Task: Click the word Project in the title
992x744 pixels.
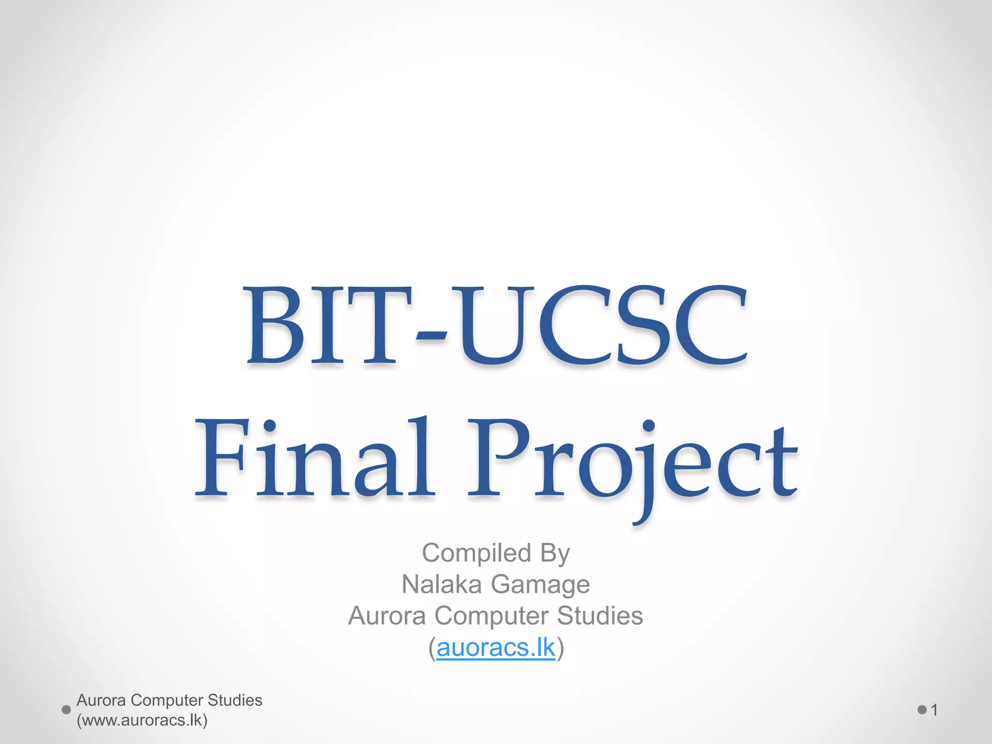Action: [x=632, y=460]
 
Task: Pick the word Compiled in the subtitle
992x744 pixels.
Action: [x=476, y=553]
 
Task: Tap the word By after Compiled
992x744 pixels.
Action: [x=555, y=554]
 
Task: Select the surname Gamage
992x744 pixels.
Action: [x=540, y=585]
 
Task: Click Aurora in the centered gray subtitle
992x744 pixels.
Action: [x=387, y=616]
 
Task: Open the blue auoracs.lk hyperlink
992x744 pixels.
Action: [x=496, y=648]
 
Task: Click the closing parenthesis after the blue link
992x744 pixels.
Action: [x=560, y=648]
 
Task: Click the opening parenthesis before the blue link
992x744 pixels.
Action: [x=432, y=648]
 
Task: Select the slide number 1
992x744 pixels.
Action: [x=934, y=710]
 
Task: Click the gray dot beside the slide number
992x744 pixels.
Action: [x=922, y=710]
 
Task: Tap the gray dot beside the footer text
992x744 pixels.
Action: [x=66, y=710]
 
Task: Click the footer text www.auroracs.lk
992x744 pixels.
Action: [x=142, y=720]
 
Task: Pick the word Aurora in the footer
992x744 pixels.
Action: [x=101, y=700]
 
